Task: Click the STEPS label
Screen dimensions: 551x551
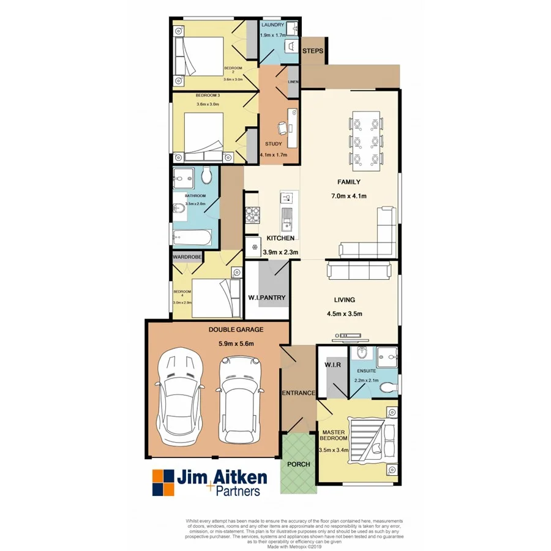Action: click(312, 51)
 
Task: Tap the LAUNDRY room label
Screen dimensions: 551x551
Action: click(272, 25)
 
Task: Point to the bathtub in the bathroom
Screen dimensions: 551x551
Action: click(192, 237)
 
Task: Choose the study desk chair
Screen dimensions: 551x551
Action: click(281, 128)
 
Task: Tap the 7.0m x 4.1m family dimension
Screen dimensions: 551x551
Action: click(348, 196)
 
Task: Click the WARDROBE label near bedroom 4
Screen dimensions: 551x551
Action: click(187, 257)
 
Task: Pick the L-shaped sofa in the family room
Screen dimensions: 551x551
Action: click(373, 239)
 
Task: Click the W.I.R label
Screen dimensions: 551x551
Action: click(331, 365)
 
